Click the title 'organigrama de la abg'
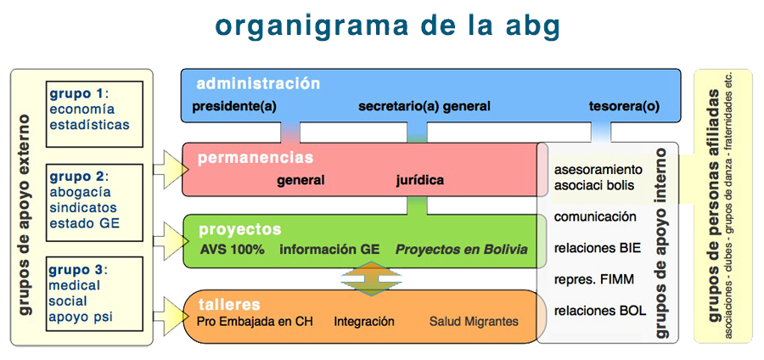(387, 26)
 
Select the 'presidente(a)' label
(234, 107)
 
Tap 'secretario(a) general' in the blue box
(424, 107)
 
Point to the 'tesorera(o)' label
(624, 107)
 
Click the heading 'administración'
(258, 84)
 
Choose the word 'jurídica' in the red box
(419, 180)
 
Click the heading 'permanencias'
(256, 158)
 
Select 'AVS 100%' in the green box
(232, 250)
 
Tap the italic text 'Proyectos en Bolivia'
(462, 250)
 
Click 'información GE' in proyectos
(329, 250)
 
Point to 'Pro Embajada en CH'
(255, 322)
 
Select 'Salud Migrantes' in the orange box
(474, 322)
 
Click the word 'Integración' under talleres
(364, 322)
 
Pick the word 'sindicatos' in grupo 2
(83, 207)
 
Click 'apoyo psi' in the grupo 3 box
(81, 318)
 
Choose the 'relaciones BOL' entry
(600, 310)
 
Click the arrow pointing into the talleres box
(171, 318)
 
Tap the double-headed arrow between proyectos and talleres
(371, 278)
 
